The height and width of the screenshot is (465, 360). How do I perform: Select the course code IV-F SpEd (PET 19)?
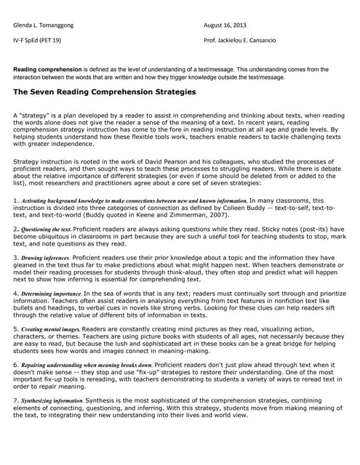pos(37,40)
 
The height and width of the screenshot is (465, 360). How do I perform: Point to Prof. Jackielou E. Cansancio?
pos(251,40)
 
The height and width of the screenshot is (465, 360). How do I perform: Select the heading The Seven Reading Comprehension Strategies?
pos(105,92)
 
